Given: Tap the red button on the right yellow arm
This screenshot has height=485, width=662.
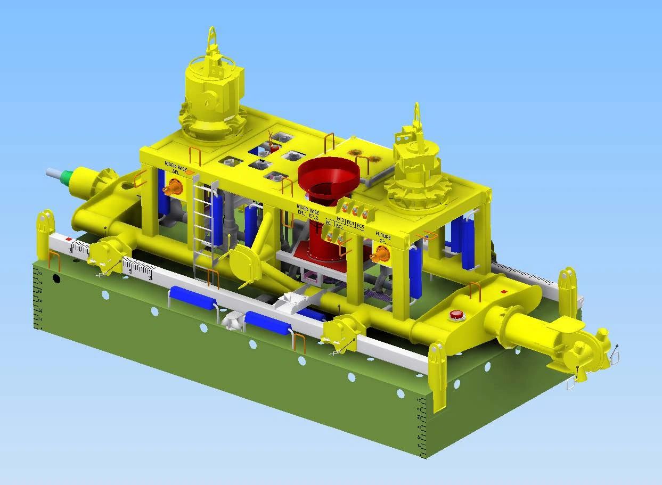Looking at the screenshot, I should pos(456,315).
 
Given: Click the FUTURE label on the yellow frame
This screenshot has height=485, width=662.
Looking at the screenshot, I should pos(383,235).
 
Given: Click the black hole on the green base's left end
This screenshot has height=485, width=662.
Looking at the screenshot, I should pos(56,278).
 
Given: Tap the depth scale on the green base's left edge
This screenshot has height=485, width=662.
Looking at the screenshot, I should pos(38,298).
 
